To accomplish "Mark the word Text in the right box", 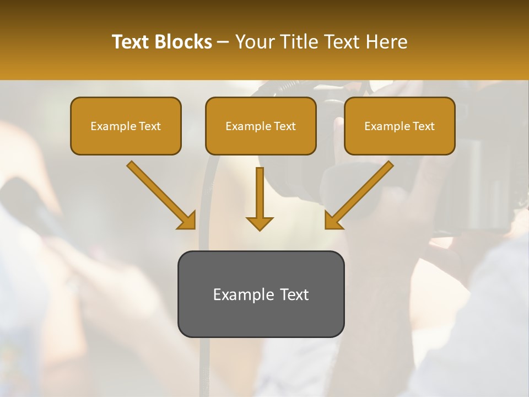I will [x=424, y=126].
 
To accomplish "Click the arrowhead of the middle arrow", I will [x=260, y=223].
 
